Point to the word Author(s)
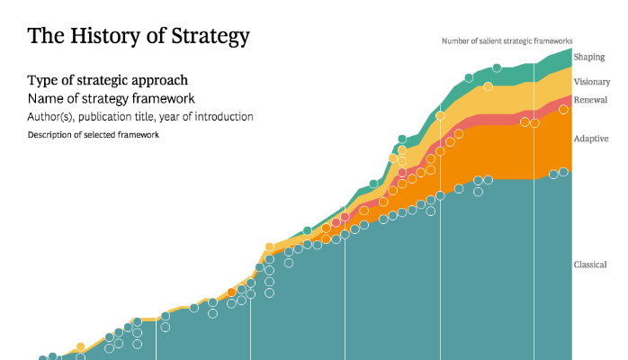pyautogui.click(x=52, y=117)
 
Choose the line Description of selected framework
pyautogui.click(x=94, y=135)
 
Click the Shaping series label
pyautogui.click(x=589, y=58)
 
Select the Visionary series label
pyautogui.click(x=592, y=82)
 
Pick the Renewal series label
pyautogui.click(x=590, y=99)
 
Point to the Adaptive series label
pyautogui.click(x=591, y=139)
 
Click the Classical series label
pyautogui.click(x=592, y=265)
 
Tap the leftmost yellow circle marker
pyautogui.click(x=80, y=346)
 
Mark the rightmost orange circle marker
pyautogui.click(x=563, y=110)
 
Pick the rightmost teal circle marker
pyautogui.click(x=563, y=172)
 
